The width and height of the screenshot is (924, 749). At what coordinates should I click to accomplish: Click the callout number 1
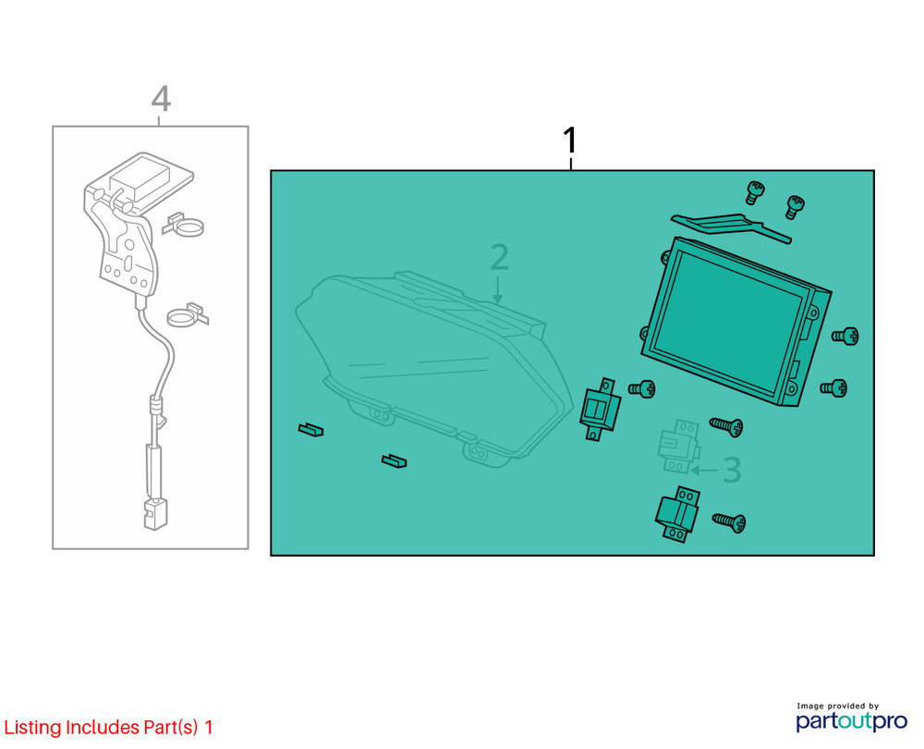pos(570,140)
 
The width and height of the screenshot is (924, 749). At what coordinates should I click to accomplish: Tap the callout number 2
pos(499,257)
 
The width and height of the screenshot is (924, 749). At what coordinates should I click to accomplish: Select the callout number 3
pos(732,470)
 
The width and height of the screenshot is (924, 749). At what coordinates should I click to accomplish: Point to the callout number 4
pos(161,99)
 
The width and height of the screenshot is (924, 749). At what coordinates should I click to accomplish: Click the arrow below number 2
pos(498,289)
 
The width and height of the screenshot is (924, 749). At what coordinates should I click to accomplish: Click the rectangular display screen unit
pos(736,322)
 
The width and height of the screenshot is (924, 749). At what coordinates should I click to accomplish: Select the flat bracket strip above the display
pos(731,227)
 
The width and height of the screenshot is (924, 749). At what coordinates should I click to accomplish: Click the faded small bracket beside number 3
pos(679,447)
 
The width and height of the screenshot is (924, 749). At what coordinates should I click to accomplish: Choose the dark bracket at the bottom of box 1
pos(677,514)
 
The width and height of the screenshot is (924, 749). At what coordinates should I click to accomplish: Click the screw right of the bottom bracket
pos(729,522)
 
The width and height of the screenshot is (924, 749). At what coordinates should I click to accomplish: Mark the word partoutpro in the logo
pos(852,720)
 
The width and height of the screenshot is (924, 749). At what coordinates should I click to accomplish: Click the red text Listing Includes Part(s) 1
pos(108,727)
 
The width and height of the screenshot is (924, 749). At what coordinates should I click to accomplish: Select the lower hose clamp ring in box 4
pos(188,315)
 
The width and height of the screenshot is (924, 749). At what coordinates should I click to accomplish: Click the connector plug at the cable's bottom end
pos(155,514)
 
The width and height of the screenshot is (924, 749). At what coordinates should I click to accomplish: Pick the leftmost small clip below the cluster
pos(310,429)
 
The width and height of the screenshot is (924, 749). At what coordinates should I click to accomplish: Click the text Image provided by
pos(837,706)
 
